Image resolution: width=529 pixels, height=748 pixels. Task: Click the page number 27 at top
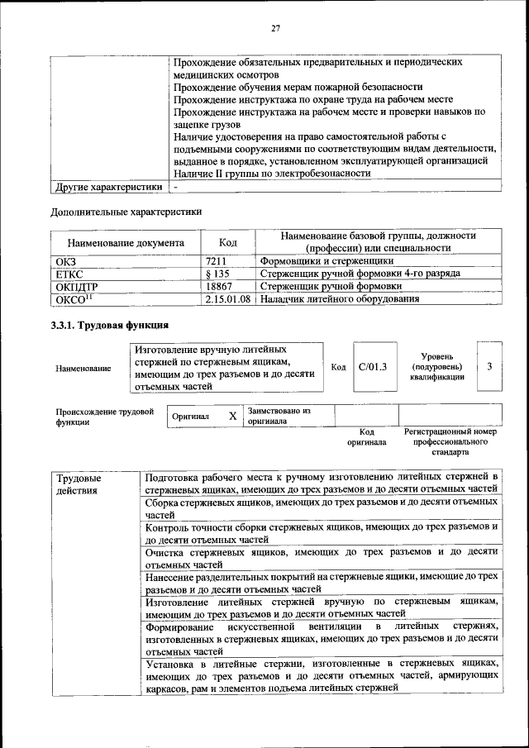[276, 29]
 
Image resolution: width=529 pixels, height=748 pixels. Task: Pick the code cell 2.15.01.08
[228, 299]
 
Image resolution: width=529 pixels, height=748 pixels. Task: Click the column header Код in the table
[228, 243]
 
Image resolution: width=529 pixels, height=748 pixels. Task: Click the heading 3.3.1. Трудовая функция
[111, 326]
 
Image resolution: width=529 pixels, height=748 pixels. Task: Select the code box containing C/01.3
[373, 366]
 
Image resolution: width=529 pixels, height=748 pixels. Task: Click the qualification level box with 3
[489, 366]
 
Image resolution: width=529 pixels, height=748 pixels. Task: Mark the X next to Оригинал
[233, 417]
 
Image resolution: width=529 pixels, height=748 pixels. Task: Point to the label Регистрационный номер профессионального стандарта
[450, 442]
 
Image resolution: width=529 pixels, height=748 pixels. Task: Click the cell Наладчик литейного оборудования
[339, 299]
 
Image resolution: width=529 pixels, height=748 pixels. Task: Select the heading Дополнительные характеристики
[126, 212]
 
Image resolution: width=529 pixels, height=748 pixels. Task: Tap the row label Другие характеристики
[107, 188]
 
